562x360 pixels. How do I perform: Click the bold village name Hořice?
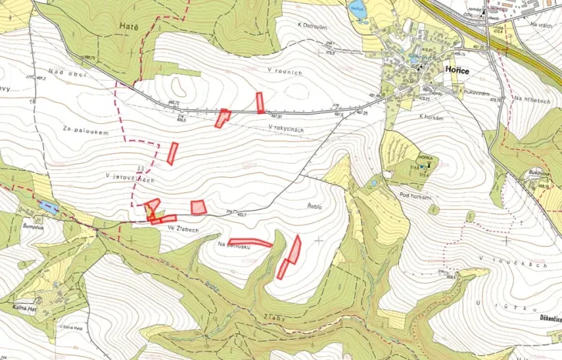click(x=458, y=68)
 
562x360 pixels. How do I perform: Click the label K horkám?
click(x=434, y=116)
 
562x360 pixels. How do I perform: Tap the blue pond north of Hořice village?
click(x=356, y=11)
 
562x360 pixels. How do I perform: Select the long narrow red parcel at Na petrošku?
click(x=250, y=242)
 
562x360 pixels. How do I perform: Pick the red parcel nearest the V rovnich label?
click(x=261, y=102)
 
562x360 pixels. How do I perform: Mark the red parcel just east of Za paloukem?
click(x=172, y=153)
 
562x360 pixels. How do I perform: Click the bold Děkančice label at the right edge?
click(x=544, y=318)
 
